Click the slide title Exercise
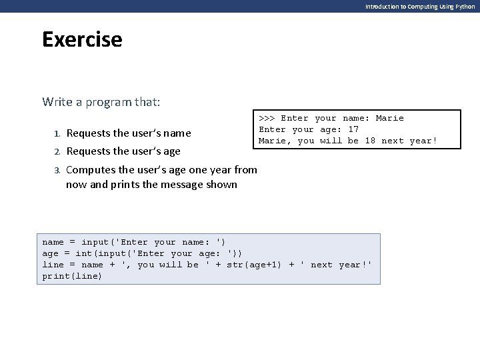click(82, 40)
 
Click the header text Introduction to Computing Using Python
click(420, 6)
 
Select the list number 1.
click(57, 133)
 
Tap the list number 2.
click(57, 151)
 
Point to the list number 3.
click(57, 170)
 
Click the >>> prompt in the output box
click(267, 118)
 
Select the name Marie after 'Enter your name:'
click(389, 118)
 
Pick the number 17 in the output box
click(353, 129)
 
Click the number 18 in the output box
click(370, 141)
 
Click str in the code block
click(235, 265)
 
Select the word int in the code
click(83, 253)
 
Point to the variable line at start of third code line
click(53, 265)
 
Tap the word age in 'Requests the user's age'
click(171, 151)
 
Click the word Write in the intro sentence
click(56, 102)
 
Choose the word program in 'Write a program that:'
click(105, 102)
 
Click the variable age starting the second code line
click(51, 253)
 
